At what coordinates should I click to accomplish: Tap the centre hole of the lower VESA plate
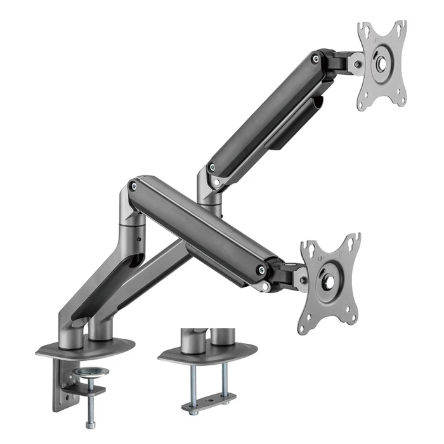click(329, 280)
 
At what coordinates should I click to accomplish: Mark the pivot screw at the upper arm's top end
click(315, 59)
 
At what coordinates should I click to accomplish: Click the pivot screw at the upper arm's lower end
click(211, 169)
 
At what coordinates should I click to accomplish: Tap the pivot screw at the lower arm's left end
click(133, 186)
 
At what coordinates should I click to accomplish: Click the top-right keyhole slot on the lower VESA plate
click(354, 242)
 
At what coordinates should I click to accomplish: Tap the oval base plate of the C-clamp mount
click(86, 347)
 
